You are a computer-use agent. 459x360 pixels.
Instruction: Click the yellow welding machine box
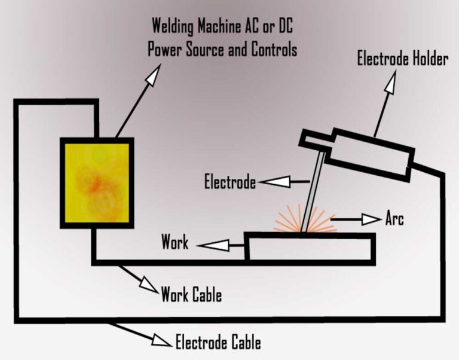click(96, 182)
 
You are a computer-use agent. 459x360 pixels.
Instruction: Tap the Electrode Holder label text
click(402, 59)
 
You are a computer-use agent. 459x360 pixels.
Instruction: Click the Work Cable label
click(191, 295)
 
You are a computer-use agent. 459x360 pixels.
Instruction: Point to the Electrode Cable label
click(218, 343)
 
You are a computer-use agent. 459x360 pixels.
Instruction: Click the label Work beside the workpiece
click(175, 242)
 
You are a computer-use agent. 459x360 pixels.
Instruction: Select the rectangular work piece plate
click(311, 247)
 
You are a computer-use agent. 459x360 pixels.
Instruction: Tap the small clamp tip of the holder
click(311, 141)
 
